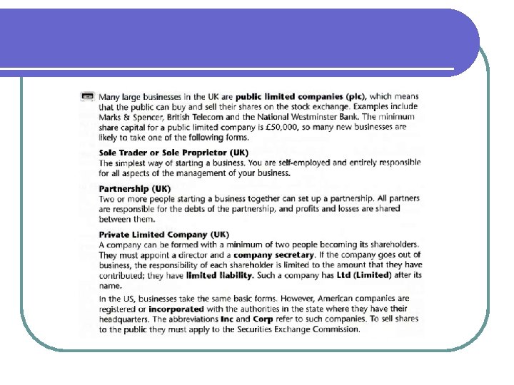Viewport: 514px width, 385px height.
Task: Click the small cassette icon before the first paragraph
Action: click(x=87, y=96)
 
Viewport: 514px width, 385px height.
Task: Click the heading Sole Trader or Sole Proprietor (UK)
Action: click(x=173, y=153)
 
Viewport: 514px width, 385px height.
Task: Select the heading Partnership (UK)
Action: click(x=135, y=188)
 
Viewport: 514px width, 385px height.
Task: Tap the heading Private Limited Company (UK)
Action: click(x=164, y=235)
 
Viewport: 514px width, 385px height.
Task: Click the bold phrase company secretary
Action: click(x=274, y=255)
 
